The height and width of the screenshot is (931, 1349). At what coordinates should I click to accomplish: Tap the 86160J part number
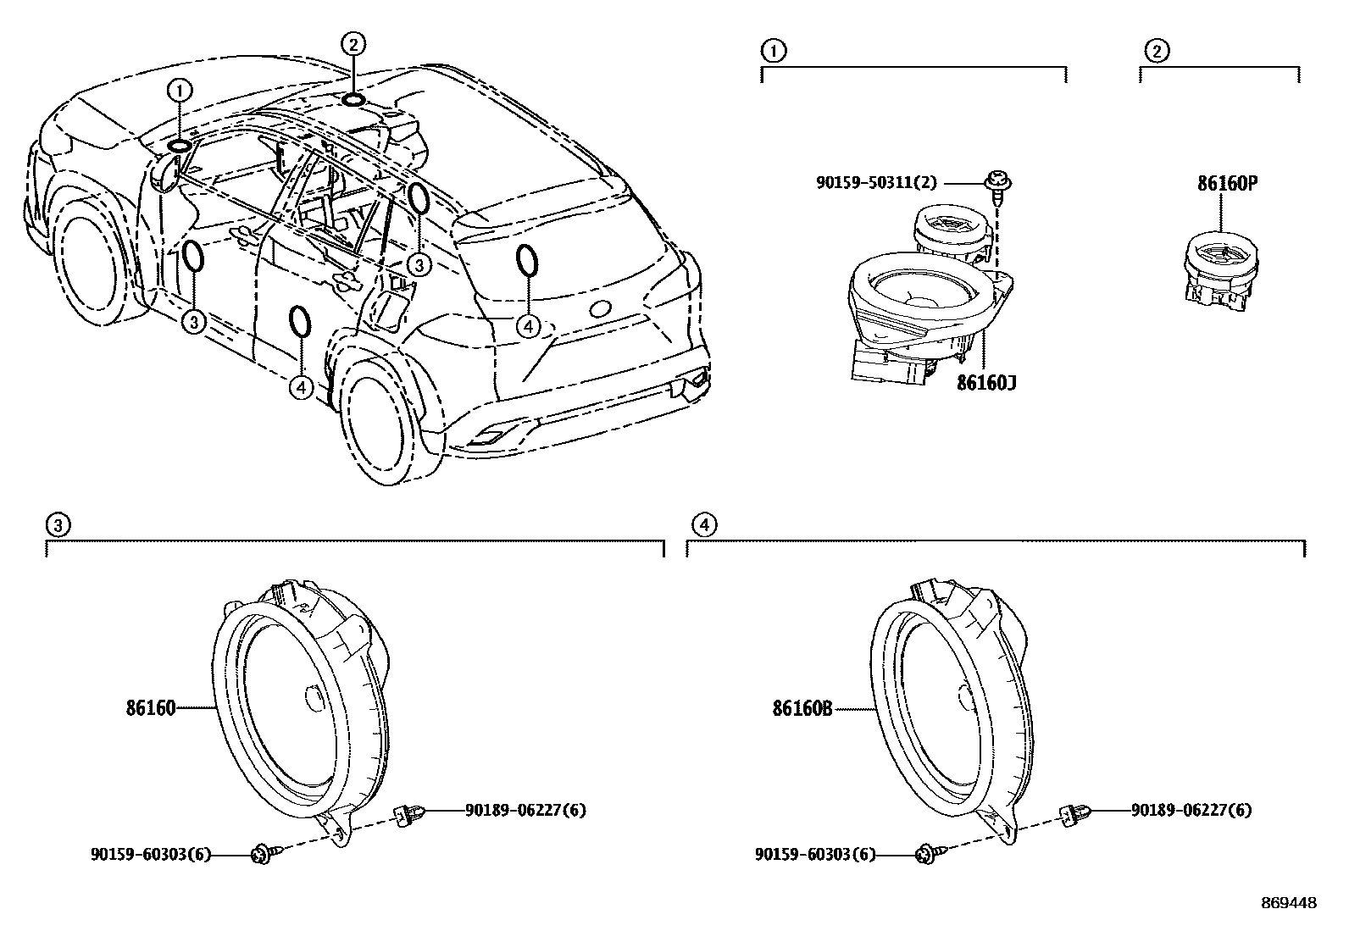click(x=986, y=383)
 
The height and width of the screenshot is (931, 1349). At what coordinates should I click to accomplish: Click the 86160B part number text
click(x=802, y=708)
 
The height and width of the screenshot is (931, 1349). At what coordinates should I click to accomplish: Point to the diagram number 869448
click(x=1288, y=903)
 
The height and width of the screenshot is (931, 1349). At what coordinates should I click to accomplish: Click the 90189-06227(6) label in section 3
click(x=525, y=811)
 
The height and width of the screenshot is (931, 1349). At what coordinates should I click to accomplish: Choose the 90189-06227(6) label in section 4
click(x=1191, y=811)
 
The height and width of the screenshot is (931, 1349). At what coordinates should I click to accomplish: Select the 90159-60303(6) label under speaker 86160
click(x=150, y=856)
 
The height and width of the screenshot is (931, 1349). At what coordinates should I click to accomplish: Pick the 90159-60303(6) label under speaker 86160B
click(x=815, y=856)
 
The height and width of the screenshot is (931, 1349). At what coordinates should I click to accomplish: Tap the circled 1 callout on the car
click(x=180, y=90)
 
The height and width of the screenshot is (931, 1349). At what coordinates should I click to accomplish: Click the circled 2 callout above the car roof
click(x=353, y=43)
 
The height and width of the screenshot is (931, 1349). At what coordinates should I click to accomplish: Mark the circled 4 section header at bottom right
click(x=702, y=525)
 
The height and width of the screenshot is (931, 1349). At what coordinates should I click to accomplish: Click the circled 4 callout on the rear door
click(x=302, y=387)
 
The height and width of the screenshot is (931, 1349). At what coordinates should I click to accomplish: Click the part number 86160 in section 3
click(x=151, y=708)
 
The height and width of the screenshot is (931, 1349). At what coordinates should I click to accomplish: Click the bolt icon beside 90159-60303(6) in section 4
click(x=926, y=856)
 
